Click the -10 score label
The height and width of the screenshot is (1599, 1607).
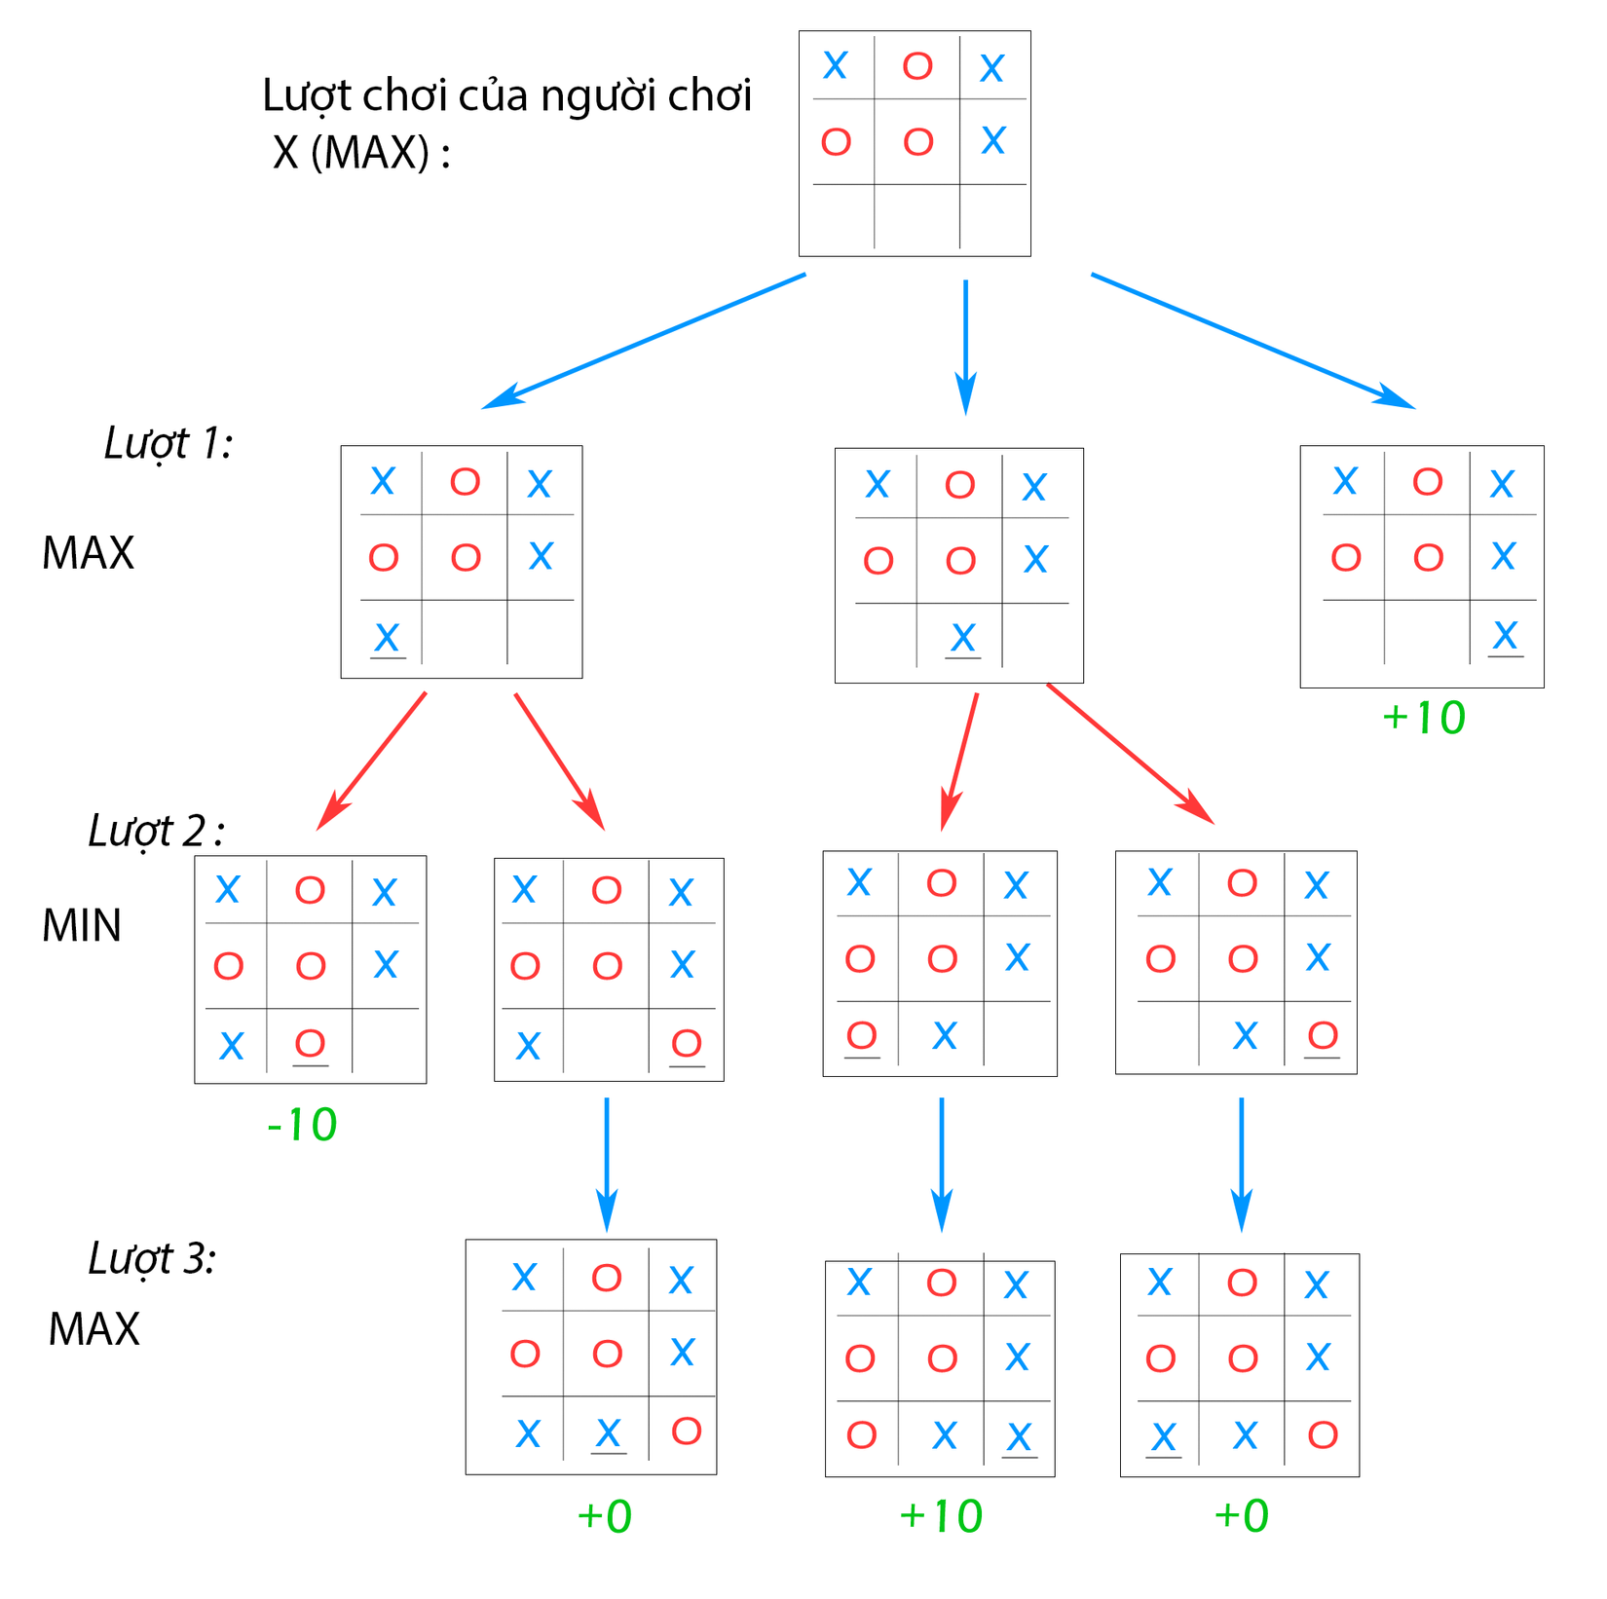tap(302, 1126)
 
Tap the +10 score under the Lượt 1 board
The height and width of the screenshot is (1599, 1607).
tap(1423, 719)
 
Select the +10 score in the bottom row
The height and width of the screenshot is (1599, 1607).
tap(940, 1517)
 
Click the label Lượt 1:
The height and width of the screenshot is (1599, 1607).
tap(168, 443)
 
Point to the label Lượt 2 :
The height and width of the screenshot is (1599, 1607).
tap(156, 831)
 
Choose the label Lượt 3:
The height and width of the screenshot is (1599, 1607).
tap(152, 1258)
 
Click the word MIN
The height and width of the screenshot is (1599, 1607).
tap(82, 925)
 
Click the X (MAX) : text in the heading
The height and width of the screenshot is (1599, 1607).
tap(361, 153)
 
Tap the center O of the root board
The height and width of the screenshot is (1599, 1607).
tap(917, 142)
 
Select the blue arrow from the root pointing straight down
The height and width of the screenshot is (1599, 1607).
tap(965, 346)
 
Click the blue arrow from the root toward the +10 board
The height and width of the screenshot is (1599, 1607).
tap(1252, 341)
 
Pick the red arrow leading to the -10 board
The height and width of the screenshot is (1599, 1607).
tap(372, 761)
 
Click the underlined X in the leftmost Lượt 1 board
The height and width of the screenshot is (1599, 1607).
tap(387, 639)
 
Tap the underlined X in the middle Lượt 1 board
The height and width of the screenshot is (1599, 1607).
tap(962, 639)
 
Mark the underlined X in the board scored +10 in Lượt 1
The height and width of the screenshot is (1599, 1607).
tap(1505, 637)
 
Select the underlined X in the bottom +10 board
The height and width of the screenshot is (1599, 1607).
tap(1019, 1437)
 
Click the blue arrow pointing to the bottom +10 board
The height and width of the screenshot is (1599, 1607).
tap(941, 1164)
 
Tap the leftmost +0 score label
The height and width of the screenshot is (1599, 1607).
tap(605, 1517)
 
